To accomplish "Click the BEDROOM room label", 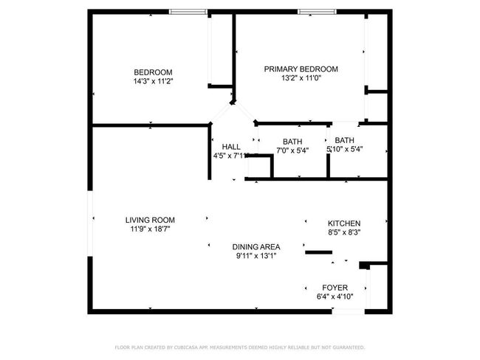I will tap(153, 72).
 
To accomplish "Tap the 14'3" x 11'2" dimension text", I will tap(153, 80).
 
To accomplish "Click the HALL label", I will tap(231, 147).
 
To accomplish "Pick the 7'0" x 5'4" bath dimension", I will tap(292, 150).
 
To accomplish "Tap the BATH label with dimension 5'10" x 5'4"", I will tap(344, 140).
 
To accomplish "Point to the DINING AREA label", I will tap(256, 247).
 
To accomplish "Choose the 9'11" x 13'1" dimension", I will tap(256, 256).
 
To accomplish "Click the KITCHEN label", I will tap(344, 224).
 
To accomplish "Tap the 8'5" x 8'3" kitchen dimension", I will tap(344, 232).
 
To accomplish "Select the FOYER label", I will tap(335, 288).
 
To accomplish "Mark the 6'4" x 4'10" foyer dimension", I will tap(335, 297).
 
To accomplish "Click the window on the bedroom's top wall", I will tap(188, 12).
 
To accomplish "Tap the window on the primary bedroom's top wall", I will tap(316, 12).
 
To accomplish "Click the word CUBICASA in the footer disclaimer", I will tap(190, 347).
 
